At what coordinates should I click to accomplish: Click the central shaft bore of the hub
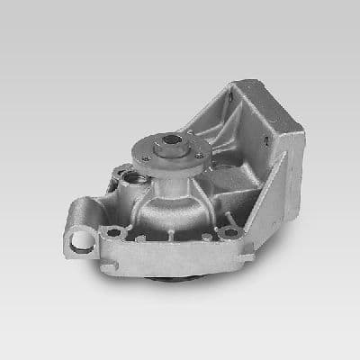(x=170, y=141)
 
